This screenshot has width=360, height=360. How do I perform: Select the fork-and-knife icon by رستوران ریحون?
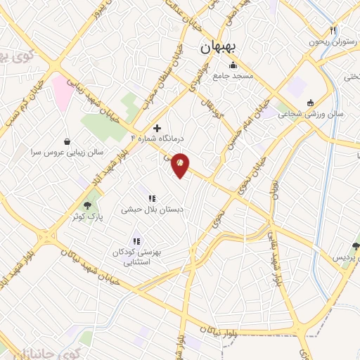(x=333, y=30)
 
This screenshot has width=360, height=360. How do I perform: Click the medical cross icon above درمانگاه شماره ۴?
(x=156, y=128)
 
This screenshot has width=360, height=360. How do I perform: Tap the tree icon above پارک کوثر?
(x=88, y=205)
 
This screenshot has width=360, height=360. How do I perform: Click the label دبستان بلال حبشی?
(x=151, y=209)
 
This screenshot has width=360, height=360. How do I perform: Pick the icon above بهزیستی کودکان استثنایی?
(x=136, y=241)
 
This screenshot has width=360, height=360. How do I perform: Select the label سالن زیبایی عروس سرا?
(x=67, y=151)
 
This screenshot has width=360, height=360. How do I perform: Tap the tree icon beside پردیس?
(x=355, y=246)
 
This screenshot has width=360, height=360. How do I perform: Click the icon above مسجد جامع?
(x=233, y=66)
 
